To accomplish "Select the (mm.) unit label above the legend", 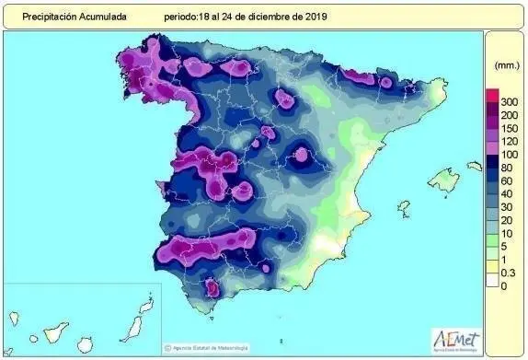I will coord(506,66).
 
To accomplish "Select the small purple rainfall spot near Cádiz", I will coord(212,289).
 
